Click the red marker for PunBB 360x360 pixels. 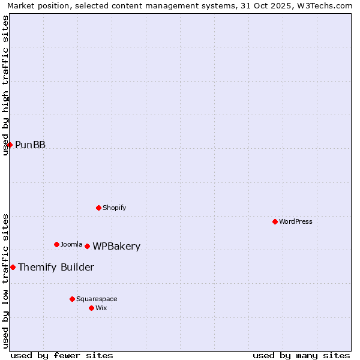click(10, 145)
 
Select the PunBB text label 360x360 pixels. click(30, 145)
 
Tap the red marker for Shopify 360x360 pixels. click(98, 208)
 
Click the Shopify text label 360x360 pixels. click(114, 208)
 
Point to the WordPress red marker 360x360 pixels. click(275, 221)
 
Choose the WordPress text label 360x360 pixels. click(295, 221)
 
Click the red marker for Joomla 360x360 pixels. click(56, 244)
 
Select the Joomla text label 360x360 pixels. click(71, 244)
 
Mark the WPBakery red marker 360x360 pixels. click(87, 246)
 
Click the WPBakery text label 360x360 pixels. click(116, 246)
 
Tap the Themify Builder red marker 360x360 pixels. click(13, 267)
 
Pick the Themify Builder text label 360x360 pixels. click(56, 267)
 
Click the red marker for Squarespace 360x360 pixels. click(72, 299)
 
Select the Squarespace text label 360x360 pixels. click(97, 299)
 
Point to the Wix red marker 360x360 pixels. click(91, 308)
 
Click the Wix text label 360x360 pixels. click(101, 308)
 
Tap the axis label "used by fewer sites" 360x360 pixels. click(62, 355)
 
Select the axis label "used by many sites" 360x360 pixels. click(301, 355)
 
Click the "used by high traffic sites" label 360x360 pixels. click(5, 85)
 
